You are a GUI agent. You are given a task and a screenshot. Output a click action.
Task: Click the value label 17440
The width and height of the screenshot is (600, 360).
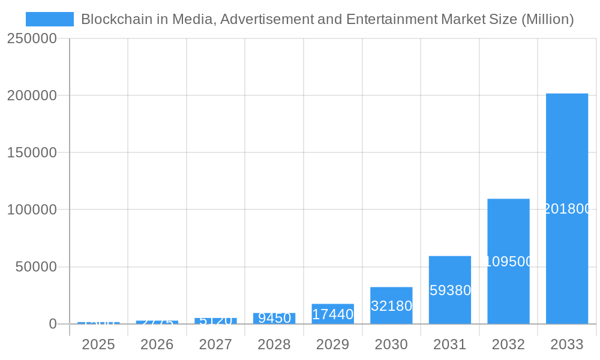(x=333, y=314)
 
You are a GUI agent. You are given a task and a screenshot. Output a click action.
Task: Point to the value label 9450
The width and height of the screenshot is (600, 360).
(x=274, y=318)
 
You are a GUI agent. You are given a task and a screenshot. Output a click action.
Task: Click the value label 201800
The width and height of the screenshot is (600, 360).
(x=568, y=209)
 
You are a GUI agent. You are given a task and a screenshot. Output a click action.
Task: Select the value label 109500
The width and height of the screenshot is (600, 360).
(x=508, y=262)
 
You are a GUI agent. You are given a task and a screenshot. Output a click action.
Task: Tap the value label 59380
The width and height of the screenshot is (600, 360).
(x=450, y=290)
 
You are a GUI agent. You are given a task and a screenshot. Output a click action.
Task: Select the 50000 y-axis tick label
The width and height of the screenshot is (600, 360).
(x=36, y=266)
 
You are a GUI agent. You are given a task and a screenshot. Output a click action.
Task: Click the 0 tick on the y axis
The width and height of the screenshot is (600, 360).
(x=52, y=324)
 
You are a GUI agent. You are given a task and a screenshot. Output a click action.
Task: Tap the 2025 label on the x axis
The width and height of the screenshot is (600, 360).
(x=98, y=344)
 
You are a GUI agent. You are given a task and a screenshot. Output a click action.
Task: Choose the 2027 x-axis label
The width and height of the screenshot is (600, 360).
(x=215, y=344)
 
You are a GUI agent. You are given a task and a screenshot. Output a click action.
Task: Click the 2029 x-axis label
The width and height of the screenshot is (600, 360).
(x=332, y=344)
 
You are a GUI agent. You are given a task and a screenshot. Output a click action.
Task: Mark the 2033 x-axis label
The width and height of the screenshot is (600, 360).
(x=566, y=344)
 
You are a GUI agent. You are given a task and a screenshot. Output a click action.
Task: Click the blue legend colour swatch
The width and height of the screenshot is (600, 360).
(x=50, y=19)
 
